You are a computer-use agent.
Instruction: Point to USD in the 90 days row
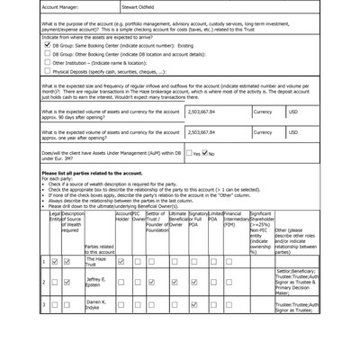click(x=292, y=112)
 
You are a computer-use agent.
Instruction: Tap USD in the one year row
click(x=292, y=132)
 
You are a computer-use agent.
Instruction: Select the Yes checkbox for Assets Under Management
click(x=189, y=154)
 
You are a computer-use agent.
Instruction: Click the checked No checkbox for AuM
click(x=204, y=154)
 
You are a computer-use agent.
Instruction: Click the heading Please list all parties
click(x=91, y=172)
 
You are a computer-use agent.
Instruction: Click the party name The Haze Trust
click(x=96, y=261)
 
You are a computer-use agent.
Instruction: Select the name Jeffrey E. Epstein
click(x=96, y=283)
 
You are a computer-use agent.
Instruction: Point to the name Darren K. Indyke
click(x=96, y=305)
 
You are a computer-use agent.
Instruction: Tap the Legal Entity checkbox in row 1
click(x=55, y=262)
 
